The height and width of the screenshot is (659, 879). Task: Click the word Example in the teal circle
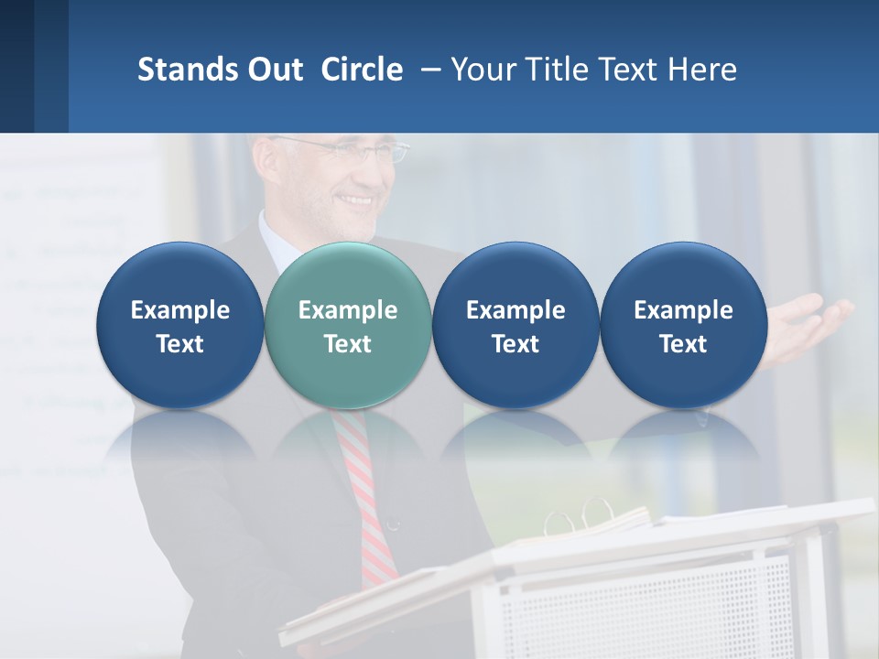pos(348,310)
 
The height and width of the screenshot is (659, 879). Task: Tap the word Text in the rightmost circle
pos(683,344)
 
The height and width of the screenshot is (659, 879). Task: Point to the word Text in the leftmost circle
pos(179,344)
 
